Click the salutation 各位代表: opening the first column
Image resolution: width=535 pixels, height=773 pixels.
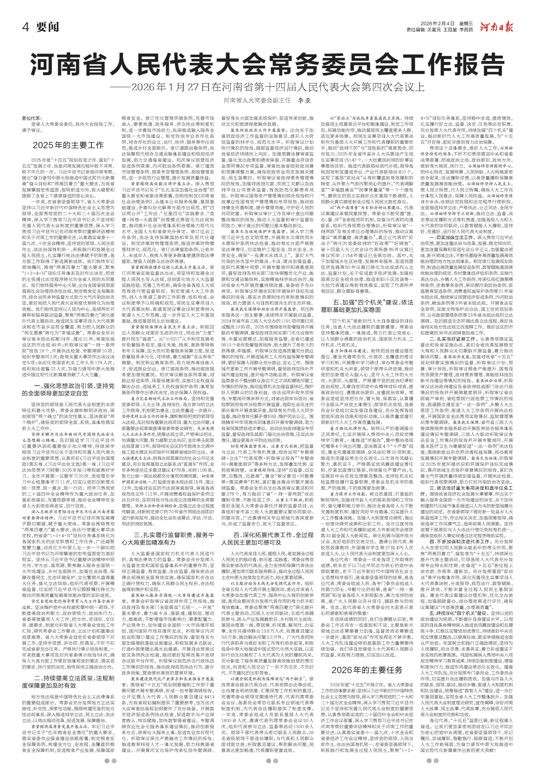tap(32, 118)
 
